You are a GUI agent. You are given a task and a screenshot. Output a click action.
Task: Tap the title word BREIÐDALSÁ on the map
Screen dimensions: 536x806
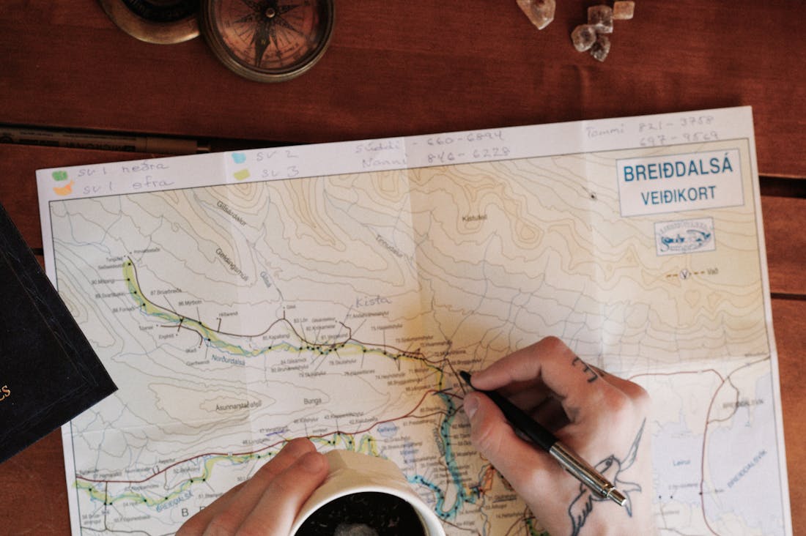click(678, 170)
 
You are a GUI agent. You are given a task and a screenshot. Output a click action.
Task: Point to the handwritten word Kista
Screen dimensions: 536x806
click(373, 301)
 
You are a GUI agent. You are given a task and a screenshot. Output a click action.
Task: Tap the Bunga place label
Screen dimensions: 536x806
click(312, 401)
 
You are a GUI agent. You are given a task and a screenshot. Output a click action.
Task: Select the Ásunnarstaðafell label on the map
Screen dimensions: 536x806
click(238, 405)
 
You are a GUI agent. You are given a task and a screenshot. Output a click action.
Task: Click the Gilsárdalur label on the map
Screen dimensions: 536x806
click(232, 212)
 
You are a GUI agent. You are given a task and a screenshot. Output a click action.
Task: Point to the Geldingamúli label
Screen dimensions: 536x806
click(232, 264)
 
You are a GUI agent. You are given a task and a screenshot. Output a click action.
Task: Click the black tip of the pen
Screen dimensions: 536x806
click(464, 376)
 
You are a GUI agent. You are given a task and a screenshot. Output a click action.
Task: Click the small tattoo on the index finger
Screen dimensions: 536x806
click(587, 371)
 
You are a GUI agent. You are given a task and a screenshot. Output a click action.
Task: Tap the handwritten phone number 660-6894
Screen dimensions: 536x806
click(465, 138)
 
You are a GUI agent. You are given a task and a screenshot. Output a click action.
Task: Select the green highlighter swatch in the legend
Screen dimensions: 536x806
click(59, 176)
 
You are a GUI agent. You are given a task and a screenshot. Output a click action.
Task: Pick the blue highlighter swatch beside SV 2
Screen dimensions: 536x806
click(239, 157)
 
